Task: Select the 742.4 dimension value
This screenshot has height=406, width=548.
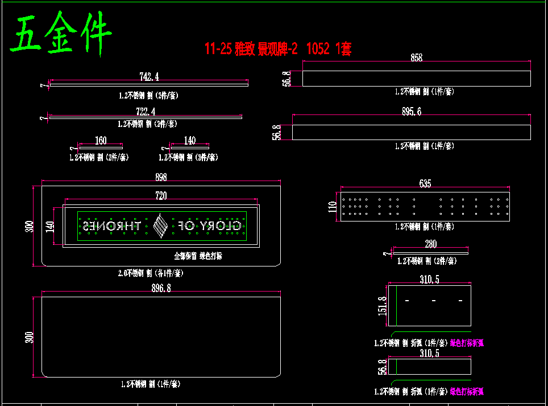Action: (149, 76)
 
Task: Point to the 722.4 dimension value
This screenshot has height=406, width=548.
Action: (146, 112)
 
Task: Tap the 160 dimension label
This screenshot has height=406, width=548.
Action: (101, 141)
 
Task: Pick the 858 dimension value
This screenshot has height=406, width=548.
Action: (416, 58)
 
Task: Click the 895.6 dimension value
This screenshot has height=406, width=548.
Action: (411, 112)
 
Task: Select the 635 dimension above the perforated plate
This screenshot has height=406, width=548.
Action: (425, 183)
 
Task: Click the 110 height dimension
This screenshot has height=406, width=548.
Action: (333, 206)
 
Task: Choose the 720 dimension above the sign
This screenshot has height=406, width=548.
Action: (161, 196)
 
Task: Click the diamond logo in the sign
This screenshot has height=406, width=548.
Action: (161, 226)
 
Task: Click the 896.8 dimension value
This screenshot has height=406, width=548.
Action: (161, 289)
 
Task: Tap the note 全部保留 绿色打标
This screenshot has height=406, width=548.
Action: (198, 256)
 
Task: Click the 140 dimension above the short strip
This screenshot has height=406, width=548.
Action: (189, 141)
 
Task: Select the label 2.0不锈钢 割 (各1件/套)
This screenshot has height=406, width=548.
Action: (151, 273)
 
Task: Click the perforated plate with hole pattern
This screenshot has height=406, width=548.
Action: (425, 207)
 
